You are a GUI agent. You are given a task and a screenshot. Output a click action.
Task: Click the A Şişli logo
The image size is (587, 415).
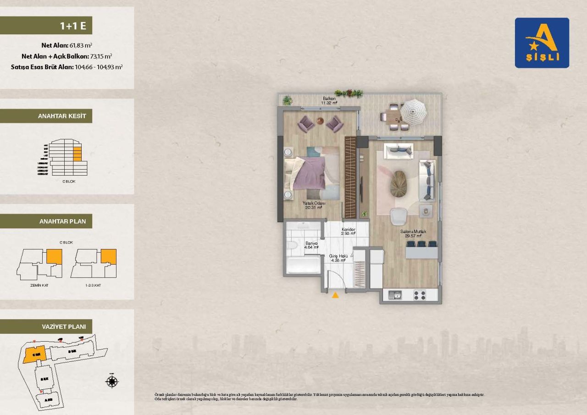542,43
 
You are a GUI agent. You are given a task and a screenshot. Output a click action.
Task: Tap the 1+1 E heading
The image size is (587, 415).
73,26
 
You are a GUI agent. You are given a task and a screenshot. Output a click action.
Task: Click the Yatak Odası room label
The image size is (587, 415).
314,205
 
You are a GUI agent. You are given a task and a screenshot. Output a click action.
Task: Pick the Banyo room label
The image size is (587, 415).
312,246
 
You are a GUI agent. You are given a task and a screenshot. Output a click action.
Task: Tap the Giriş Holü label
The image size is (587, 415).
340,258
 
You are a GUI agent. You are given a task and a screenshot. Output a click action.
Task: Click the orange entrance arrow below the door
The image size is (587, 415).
336,295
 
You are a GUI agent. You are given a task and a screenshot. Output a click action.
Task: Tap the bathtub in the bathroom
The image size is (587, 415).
303,265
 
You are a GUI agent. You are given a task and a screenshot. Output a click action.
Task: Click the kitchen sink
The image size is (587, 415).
395,295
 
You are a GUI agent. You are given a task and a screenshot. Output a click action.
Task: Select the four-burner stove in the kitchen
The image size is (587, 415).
420,295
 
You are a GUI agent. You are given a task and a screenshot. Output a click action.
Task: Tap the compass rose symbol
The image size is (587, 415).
112,381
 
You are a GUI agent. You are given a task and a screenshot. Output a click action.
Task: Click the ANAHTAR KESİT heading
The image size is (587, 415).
62,116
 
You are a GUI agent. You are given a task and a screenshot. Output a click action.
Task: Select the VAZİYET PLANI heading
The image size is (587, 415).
64,326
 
